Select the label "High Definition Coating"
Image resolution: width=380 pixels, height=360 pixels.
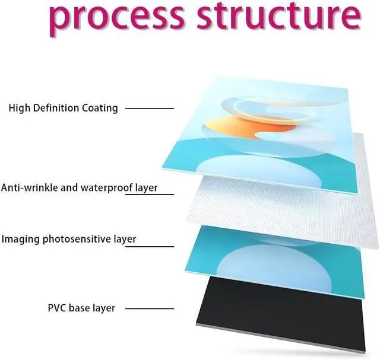(x=63, y=108)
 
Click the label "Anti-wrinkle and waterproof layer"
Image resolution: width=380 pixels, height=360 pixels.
(x=79, y=187)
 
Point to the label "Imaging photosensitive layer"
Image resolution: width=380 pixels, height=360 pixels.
(x=69, y=239)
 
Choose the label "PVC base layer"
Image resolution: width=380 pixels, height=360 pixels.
(x=81, y=308)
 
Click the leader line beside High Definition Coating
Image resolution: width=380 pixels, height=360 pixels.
(x=150, y=109)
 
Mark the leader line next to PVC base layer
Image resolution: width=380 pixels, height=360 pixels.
(x=150, y=308)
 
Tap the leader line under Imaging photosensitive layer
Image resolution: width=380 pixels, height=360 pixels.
(x=150, y=247)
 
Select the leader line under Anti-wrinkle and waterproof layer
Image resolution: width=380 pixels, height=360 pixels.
(x=150, y=195)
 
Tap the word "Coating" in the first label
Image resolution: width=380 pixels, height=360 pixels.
(x=101, y=108)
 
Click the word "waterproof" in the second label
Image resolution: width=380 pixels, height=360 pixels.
(x=112, y=187)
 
